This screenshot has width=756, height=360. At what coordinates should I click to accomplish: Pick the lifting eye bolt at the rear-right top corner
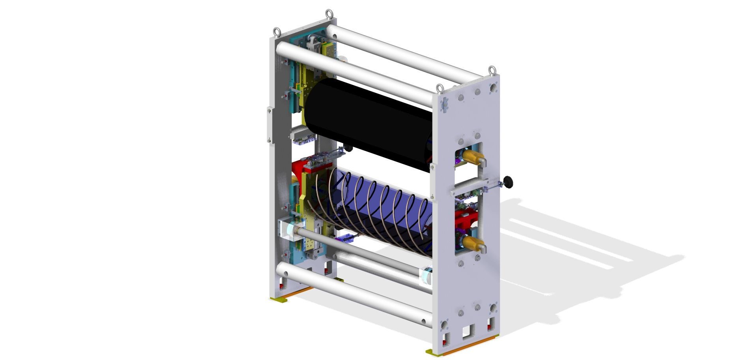(x=492, y=70)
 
